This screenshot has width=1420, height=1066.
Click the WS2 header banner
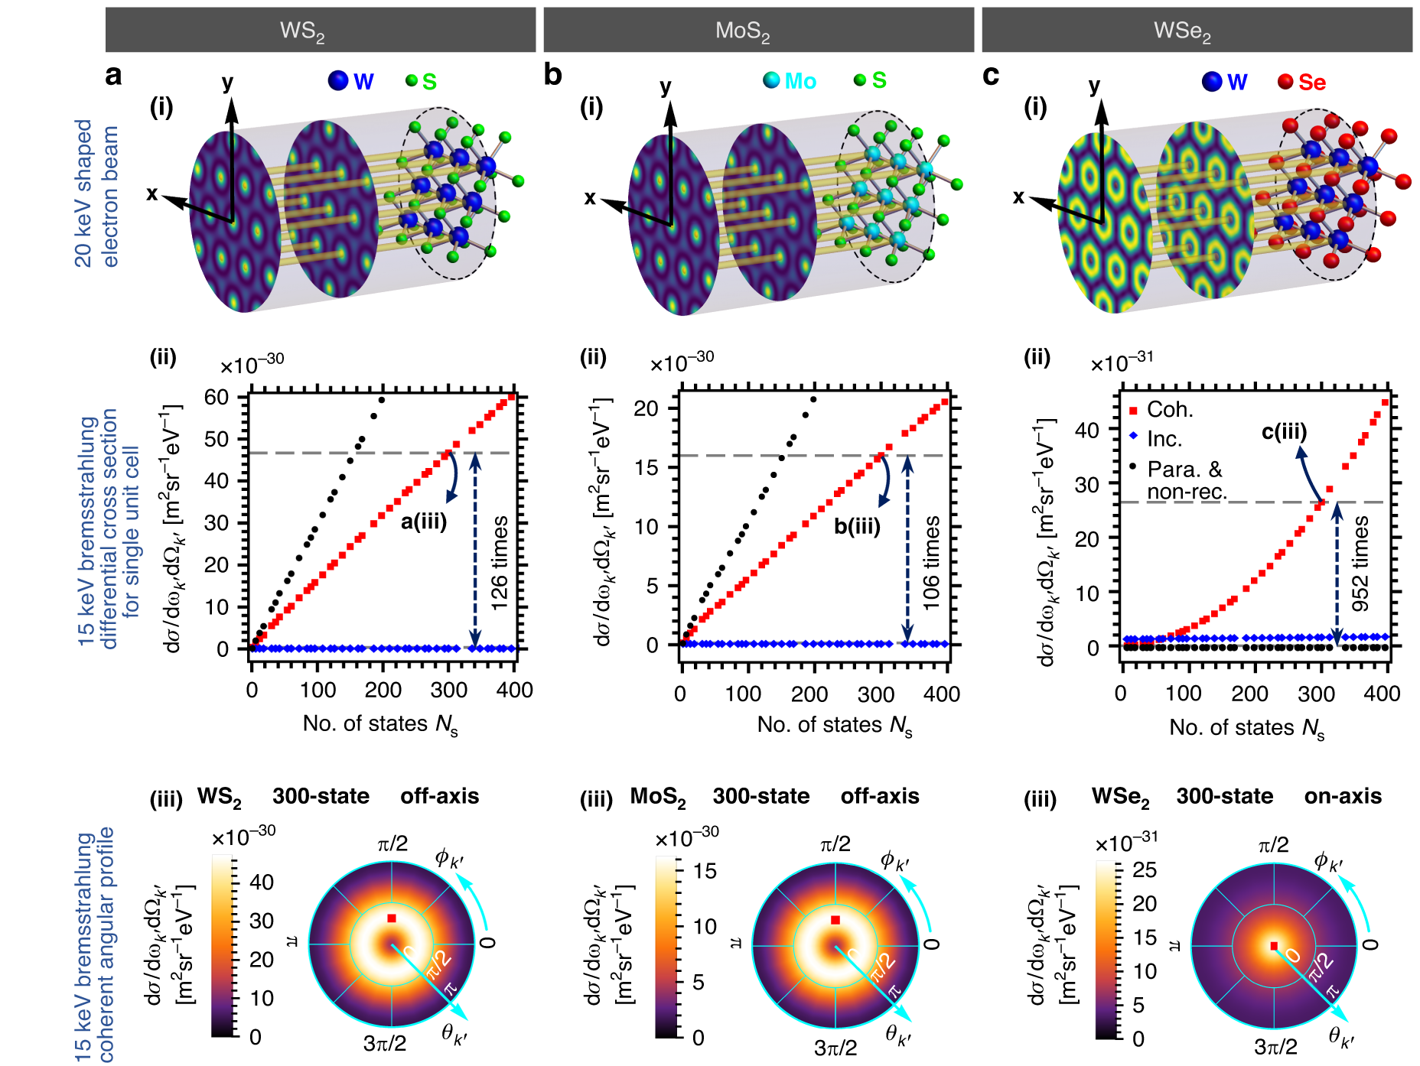[320, 31]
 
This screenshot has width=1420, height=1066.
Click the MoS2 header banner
[757, 31]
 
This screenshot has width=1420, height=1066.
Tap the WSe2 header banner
[1196, 31]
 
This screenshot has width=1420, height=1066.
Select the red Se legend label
[1311, 83]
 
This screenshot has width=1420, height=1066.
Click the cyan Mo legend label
[800, 81]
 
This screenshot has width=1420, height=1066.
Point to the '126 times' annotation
[500, 563]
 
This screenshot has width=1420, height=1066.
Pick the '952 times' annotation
[1360, 563]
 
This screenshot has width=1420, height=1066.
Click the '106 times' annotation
[931, 563]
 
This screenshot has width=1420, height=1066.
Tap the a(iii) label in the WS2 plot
[424, 522]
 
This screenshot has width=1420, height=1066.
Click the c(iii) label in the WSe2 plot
[1284, 432]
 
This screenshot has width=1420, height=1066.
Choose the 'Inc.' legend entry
[1164, 439]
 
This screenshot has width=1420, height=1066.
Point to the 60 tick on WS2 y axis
[217, 397]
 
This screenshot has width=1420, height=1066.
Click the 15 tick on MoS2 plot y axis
[646, 467]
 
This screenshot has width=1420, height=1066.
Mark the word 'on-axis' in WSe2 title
[1343, 796]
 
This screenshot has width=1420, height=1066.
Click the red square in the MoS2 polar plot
[835, 920]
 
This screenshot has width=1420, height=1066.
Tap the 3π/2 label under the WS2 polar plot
[385, 1044]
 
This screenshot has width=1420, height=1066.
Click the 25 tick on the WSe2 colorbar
[1145, 869]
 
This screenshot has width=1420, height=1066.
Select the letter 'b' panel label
[552, 75]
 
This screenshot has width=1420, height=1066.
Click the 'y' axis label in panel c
[1095, 85]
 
